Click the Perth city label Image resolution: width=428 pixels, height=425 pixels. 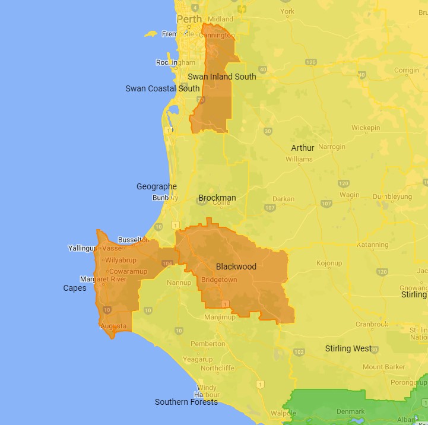tap(190, 19)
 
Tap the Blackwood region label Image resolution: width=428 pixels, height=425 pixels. tap(236, 267)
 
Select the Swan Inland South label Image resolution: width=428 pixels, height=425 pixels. tap(221, 77)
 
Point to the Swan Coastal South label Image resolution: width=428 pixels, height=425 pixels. tap(163, 89)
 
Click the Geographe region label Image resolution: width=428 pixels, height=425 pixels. tap(157, 186)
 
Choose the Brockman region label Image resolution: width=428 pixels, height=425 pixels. tap(217, 198)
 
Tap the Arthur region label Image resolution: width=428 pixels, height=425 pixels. tap(303, 148)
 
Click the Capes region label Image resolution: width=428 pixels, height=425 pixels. tap(75, 288)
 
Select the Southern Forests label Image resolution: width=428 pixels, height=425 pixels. tap(186, 402)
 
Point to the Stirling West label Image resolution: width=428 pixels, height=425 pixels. tap(348, 348)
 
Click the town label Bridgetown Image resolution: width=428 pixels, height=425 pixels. tap(219, 280)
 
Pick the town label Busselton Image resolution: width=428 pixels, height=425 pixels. tap(134, 240)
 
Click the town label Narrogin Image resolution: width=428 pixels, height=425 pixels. tap(331, 147)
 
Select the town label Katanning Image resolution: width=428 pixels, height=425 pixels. tap(373, 245)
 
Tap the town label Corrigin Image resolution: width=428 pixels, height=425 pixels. tap(406, 70)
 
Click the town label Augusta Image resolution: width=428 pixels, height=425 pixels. tap(113, 326)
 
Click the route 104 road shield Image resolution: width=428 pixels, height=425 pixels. tap(167, 264)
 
